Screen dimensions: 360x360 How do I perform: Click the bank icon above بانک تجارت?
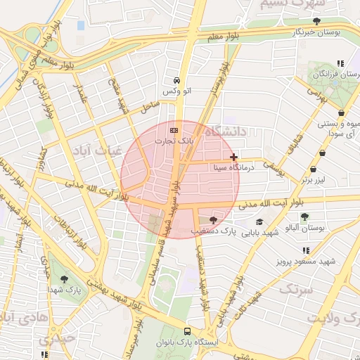(174, 131)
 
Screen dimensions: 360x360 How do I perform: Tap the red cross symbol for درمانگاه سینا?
(233, 157)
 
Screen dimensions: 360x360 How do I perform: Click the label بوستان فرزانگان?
(333, 73)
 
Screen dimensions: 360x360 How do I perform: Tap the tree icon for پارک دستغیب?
(213, 220)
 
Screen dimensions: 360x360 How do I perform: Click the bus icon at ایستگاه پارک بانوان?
(187, 331)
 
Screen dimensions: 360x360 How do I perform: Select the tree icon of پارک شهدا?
(64, 279)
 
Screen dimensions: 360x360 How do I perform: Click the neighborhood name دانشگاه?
(226, 131)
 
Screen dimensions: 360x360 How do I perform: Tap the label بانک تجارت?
(174, 141)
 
